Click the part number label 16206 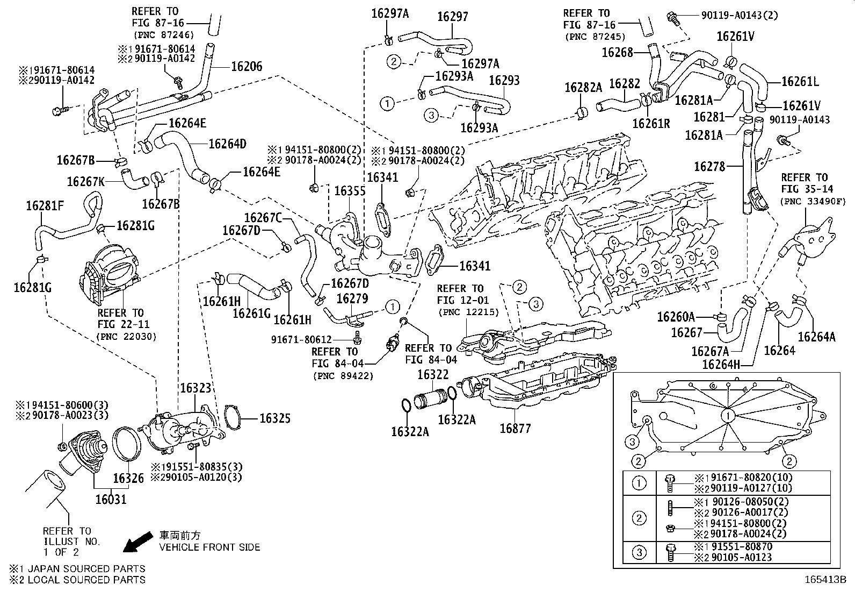click(x=247, y=67)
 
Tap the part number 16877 click(x=515, y=429)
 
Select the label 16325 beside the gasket click(x=275, y=418)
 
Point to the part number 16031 click(x=111, y=499)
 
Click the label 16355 click(x=350, y=191)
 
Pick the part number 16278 click(x=709, y=167)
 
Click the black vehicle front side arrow click(x=138, y=542)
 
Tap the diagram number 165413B click(x=825, y=580)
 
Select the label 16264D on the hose click(x=228, y=144)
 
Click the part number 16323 click(x=195, y=388)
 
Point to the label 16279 click(x=352, y=298)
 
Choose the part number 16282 click(x=625, y=84)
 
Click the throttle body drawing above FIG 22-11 click(x=109, y=271)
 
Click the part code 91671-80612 click(x=301, y=339)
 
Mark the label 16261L click(x=800, y=81)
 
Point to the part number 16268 click(x=617, y=52)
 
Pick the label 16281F click(x=45, y=206)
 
